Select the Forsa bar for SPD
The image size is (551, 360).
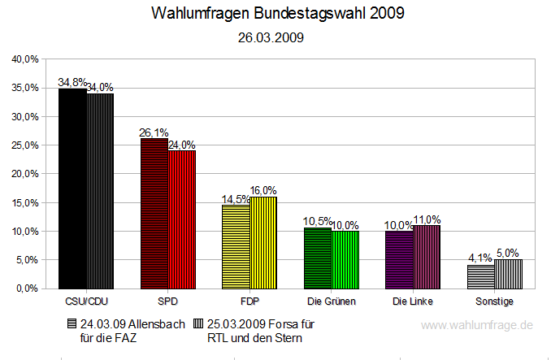[x=182, y=219]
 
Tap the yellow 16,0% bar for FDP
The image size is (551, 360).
[x=263, y=242]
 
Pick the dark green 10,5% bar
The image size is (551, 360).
[x=318, y=258]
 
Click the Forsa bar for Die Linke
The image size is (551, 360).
[x=427, y=257]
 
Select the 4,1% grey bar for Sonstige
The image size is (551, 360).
[x=481, y=276]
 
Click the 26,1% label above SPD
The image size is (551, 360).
[x=154, y=132]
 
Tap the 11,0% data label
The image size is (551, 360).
[x=427, y=219]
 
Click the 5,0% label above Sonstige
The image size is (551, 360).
[x=509, y=253]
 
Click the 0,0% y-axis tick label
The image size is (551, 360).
[x=28, y=288]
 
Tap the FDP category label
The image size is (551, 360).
[x=249, y=301]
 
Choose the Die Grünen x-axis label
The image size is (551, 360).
[x=332, y=301]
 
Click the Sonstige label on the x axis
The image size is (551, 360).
[x=494, y=301]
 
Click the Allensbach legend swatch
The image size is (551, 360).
[x=72, y=323]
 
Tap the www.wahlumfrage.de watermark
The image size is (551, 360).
[x=477, y=325]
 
